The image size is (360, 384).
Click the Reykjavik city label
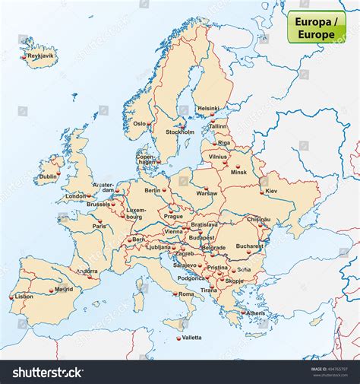tap(39, 56)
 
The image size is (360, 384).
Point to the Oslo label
tap(140, 123)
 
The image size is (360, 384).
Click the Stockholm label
tap(180, 132)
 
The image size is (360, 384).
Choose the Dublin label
tap(49, 176)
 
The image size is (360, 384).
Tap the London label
tap(76, 196)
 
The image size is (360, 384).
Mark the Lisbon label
tap(24, 297)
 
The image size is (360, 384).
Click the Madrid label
tap(64, 289)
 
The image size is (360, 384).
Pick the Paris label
tap(99, 226)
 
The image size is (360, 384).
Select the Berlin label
tap(153, 190)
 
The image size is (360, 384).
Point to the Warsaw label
tap(207, 193)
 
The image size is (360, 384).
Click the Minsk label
tap(239, 172)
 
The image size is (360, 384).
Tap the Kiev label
tap(271, 191)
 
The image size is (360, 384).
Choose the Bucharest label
tap(249, 246)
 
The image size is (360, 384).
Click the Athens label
tap(256, 313)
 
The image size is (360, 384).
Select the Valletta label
tap(191, 337)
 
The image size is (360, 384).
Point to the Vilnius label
tap(218, 157)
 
